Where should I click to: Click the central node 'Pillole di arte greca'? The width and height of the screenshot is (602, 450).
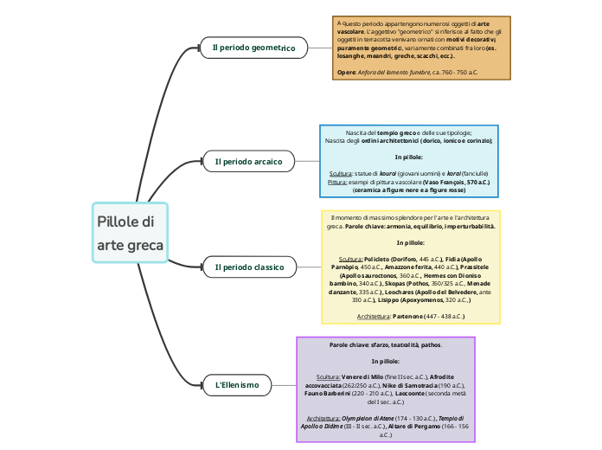tap(129, 233)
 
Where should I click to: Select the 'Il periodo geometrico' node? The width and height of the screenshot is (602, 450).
tap(253, 48)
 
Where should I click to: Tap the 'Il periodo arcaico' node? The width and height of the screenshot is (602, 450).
tap(248, 161)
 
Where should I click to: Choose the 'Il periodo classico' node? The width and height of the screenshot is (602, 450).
tap(249, 267)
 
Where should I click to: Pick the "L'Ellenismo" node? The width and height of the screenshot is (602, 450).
tap(236, 384)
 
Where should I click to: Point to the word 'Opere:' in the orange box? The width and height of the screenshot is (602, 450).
tap(347, 73)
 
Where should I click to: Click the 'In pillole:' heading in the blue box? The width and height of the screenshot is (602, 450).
tap(409, 157)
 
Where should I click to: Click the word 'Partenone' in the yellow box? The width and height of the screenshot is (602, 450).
tap(409, 317)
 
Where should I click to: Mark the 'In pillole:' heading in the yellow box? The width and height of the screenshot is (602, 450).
tap(410, 243)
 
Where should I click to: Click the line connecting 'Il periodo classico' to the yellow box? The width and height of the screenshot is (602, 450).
tap(311, 267)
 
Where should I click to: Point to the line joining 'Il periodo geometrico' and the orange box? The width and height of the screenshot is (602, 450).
tap(315, 48)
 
